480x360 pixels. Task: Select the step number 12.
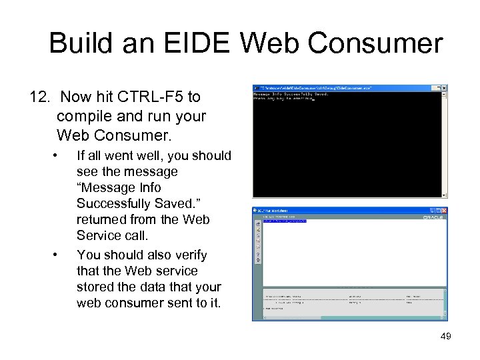(40, 97)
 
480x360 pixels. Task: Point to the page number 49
(445, 337)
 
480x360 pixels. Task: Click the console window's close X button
(444, 88)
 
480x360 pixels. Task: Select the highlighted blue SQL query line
(285, 221)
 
